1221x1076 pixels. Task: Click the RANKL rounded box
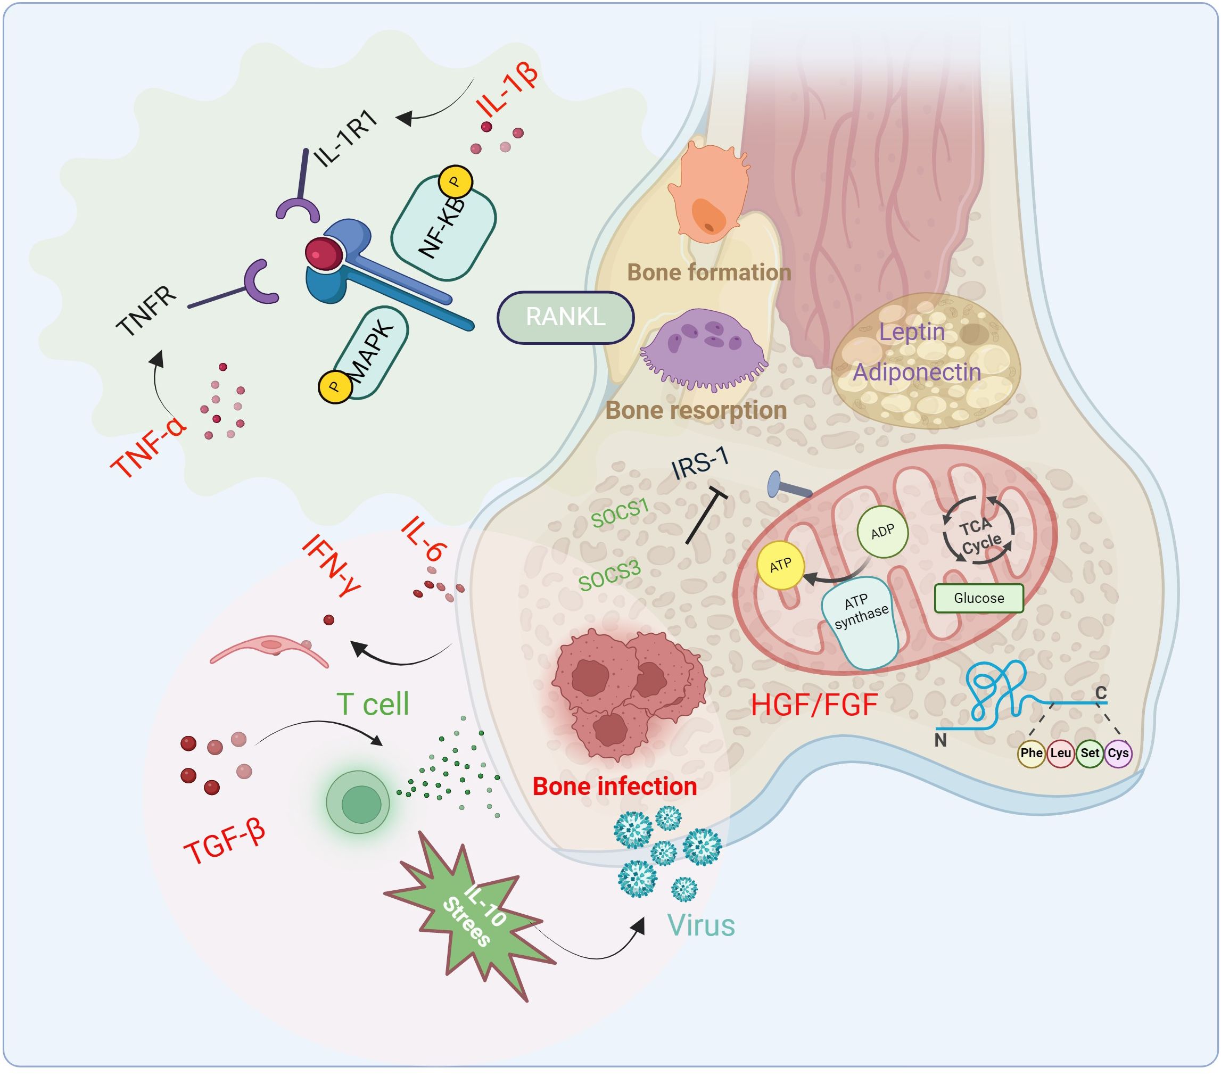tap(565, 317)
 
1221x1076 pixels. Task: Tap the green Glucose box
tap(978, 598)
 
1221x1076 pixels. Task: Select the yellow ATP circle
tap(780, 565)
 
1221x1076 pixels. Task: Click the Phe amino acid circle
tap(1031, 753)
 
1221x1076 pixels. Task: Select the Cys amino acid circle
tap(1118, 753)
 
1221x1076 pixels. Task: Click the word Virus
tap(700, 926)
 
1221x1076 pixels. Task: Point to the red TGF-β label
tap(224, 842)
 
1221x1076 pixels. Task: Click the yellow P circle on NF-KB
tap(455, 181)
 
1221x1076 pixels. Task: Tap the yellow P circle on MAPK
tap(334, 387)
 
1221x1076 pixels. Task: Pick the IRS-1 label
tap(699, 463)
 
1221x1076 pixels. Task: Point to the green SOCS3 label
tap(609, 575)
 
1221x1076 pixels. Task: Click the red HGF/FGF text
tap(814, 705)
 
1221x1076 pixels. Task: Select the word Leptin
tap(912, 332)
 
